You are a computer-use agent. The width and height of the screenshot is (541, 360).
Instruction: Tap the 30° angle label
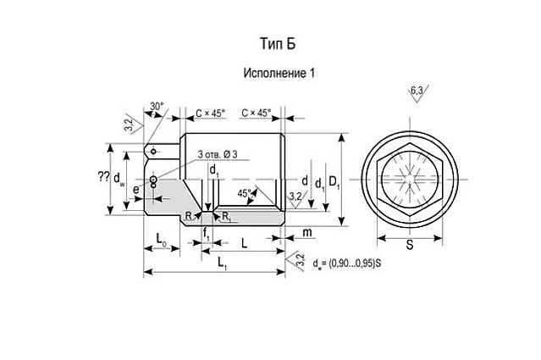point(157,107)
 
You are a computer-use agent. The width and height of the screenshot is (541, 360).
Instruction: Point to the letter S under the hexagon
point(409,246)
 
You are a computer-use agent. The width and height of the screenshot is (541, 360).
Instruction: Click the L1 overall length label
point(222,266)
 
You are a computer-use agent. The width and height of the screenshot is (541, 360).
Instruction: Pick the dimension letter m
point(306,231)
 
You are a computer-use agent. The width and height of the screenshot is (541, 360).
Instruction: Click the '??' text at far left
point(103,177)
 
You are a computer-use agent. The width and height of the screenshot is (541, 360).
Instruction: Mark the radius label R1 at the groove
point(226,217)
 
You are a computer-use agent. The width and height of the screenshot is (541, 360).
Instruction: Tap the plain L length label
point(245,243)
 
